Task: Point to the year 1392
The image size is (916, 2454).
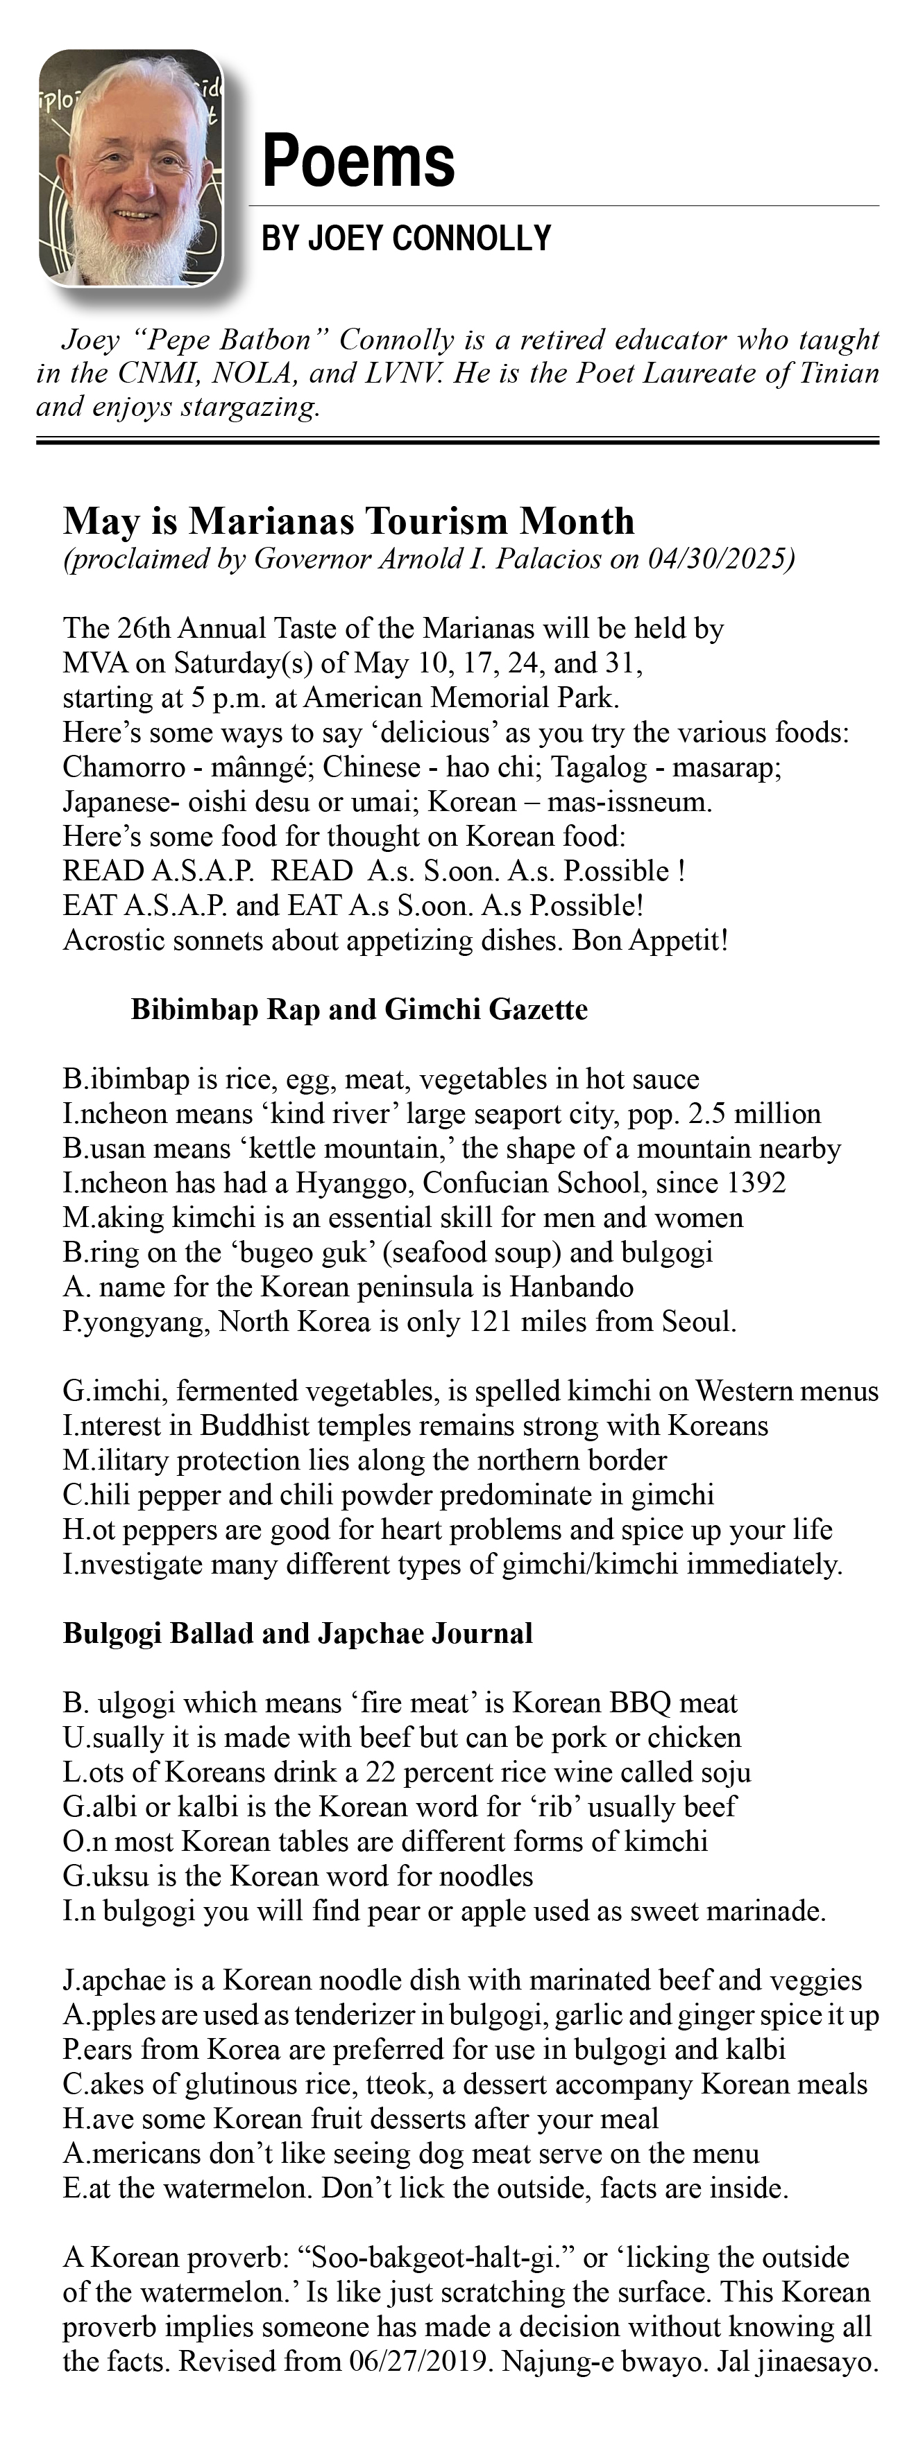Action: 756,1183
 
